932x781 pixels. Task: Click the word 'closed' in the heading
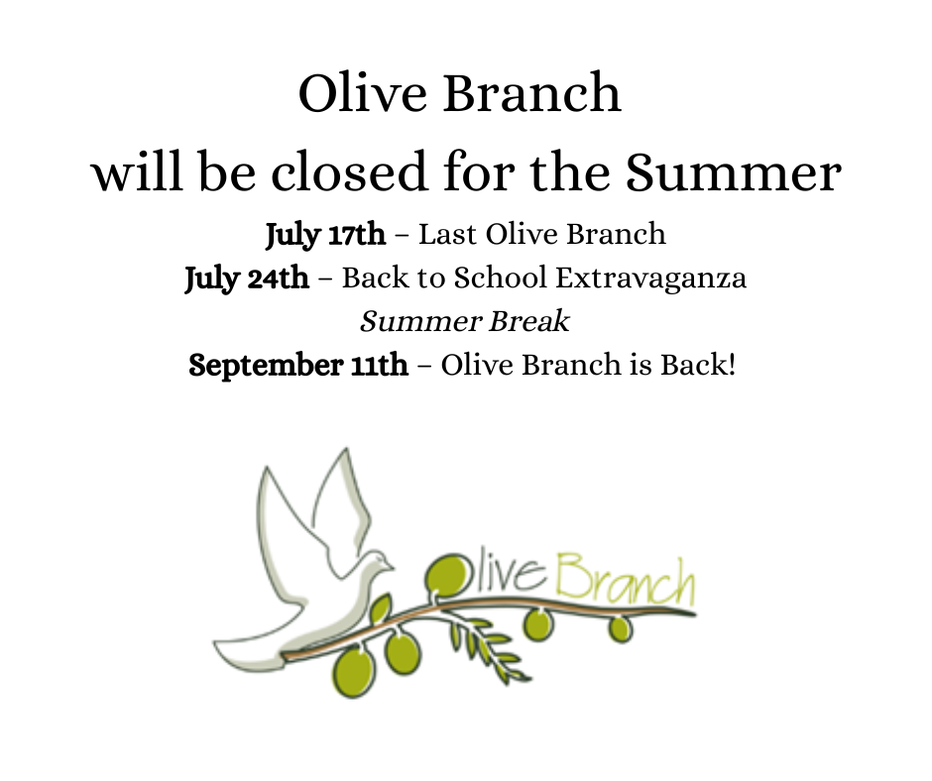tap(349, 171)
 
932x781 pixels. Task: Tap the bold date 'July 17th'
tap(325, 235)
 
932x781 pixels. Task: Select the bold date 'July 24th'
tap(247, 279)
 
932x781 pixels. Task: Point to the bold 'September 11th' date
tap(298, 365)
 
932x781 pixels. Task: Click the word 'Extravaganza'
tap(650, 279)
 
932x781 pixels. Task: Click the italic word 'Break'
tap(529, 321)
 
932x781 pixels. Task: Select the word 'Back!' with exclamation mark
tap(698, 365)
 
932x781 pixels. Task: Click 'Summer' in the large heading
tap(734, 171)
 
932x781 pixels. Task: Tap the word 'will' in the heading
tap(137, 171)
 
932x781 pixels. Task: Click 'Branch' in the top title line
tap(532, 93)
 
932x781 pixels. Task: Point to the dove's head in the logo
tap(379, 561)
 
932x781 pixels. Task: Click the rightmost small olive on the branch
tap(621, 629)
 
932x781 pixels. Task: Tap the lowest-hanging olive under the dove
tap(354, 673)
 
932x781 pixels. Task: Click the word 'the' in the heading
tap(569, 171)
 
